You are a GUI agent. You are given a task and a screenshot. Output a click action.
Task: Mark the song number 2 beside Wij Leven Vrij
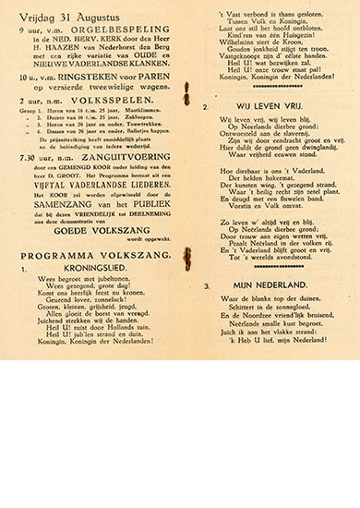click(x=206, y=107)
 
